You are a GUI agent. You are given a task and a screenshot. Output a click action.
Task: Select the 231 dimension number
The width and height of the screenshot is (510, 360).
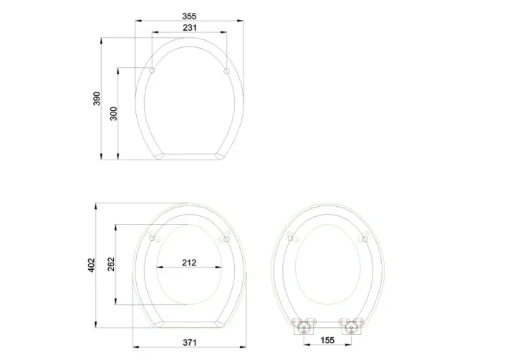point(189,27)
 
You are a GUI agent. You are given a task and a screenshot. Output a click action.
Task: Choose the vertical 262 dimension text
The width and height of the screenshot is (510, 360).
point(111,265)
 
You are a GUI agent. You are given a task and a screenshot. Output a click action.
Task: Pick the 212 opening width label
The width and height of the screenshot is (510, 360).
point(189,263)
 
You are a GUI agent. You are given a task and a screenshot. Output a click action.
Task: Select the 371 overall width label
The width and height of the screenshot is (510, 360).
point(189,342)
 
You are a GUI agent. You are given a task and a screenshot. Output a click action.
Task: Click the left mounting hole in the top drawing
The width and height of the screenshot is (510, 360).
point(153,71)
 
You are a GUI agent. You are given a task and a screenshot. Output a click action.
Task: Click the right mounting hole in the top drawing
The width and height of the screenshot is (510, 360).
point(226,71)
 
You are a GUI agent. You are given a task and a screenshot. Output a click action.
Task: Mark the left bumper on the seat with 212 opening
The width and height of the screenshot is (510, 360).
point(152,238)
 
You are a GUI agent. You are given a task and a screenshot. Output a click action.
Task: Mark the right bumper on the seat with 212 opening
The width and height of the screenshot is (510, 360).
point(226,238)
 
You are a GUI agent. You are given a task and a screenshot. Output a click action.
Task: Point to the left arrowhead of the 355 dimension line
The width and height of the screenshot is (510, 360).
point(137,20)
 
